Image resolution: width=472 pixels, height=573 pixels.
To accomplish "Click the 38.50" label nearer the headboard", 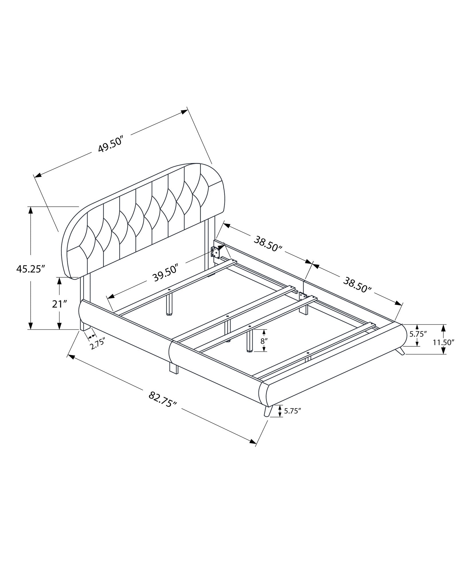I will click(x=268, y=243).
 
